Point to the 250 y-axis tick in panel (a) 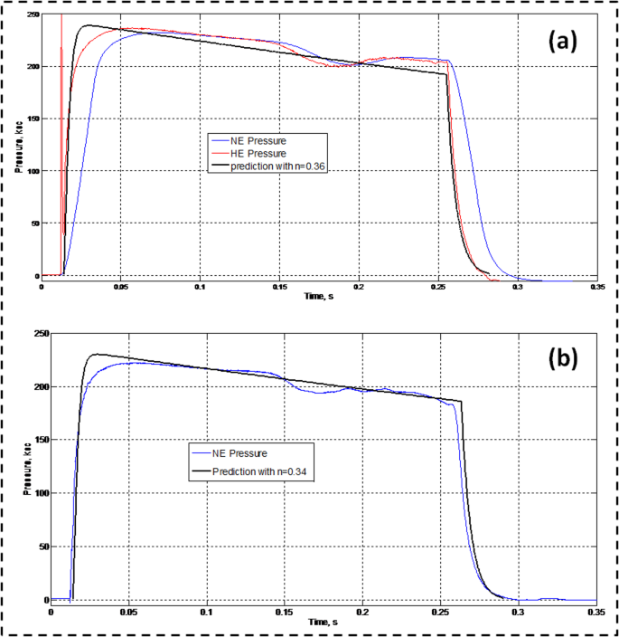pos(32,15)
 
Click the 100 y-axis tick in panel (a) pos(32,171)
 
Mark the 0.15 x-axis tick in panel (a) pos(278,285)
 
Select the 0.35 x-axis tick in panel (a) pos(596,285)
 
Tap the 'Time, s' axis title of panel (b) pos(323,623)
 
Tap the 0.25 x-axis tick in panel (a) pos(437,285)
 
